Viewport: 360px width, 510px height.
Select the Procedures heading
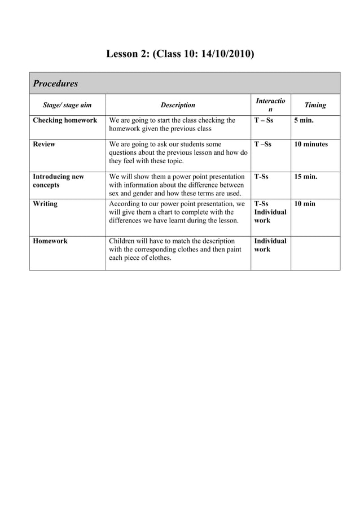coord(55,84)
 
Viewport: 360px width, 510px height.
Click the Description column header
coord(178,105)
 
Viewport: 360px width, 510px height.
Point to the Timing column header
coord(315,105)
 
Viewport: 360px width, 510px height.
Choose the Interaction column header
coord(270,105)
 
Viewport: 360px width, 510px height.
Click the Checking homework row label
coord(65,120)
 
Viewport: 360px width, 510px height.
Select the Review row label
coord(44,144)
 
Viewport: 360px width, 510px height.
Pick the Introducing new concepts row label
coord(58,181)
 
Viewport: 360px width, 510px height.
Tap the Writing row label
coord(45,204)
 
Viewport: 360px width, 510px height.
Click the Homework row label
coord(50,241)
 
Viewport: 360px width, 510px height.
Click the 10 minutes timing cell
coord(310,144)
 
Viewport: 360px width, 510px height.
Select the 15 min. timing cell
coord(305,177)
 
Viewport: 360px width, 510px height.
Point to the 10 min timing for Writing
coord(305,204)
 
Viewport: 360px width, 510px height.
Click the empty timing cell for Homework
coord(315,252)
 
